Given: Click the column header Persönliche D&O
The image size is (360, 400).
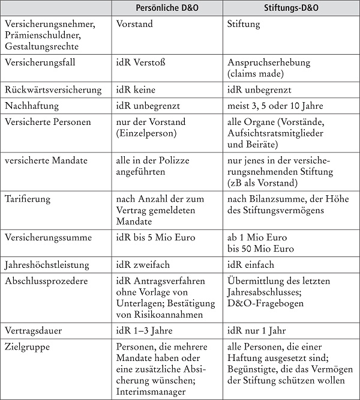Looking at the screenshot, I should coord(167,10).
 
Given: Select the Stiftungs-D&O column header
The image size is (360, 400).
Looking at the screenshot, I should coord(291,10).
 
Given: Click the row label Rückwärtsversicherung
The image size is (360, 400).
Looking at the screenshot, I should coord(52,89).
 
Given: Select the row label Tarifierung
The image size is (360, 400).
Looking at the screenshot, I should coord(28,199).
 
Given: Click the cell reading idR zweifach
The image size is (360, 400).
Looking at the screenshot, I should coord(142,265).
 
